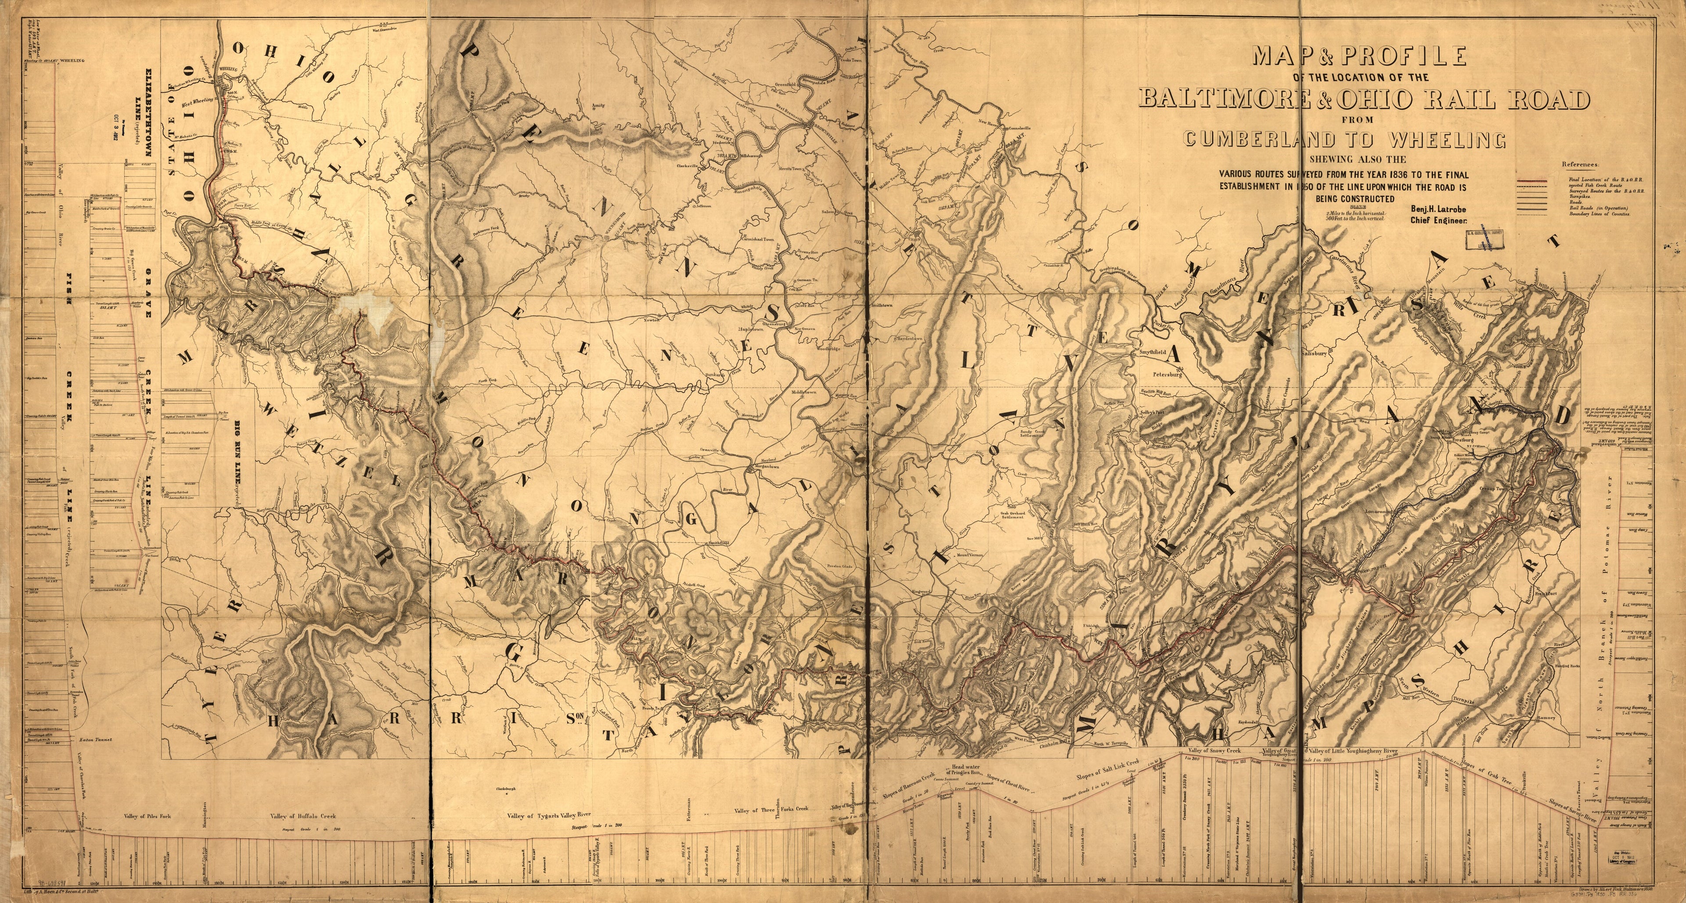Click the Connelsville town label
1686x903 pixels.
click(x=1012, y=126)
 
